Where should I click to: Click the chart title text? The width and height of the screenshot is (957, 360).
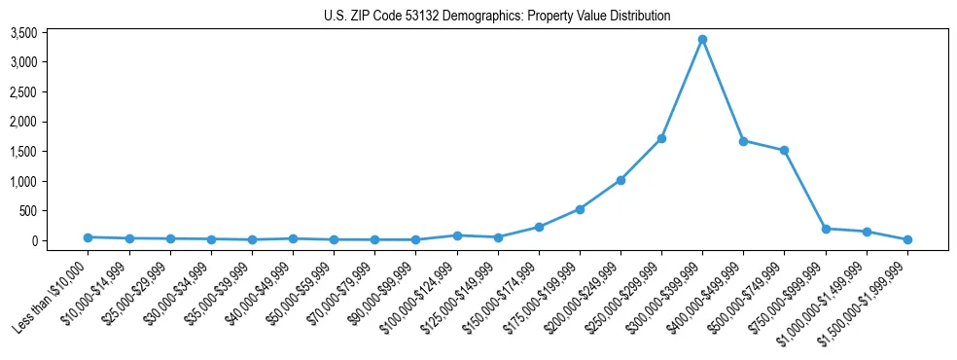coord(497,16)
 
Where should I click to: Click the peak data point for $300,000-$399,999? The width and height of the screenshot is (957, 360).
coord(702,39)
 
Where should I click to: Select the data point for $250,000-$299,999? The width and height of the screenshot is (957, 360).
coord(661,138)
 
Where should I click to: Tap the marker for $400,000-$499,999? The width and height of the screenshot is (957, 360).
coord(743,141)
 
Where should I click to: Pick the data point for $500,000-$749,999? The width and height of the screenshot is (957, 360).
coord(784,150)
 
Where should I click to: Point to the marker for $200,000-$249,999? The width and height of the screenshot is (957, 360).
coord(620,180)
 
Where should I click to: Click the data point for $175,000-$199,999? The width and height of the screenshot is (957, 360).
coord(580,209)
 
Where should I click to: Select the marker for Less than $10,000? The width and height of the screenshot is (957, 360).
coord(88,237)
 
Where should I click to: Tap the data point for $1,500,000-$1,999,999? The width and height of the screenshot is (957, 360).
coord(907,239)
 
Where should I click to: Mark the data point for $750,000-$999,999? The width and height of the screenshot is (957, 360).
coord(826,229)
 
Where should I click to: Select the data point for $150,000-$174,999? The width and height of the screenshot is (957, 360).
coord(539,227)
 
